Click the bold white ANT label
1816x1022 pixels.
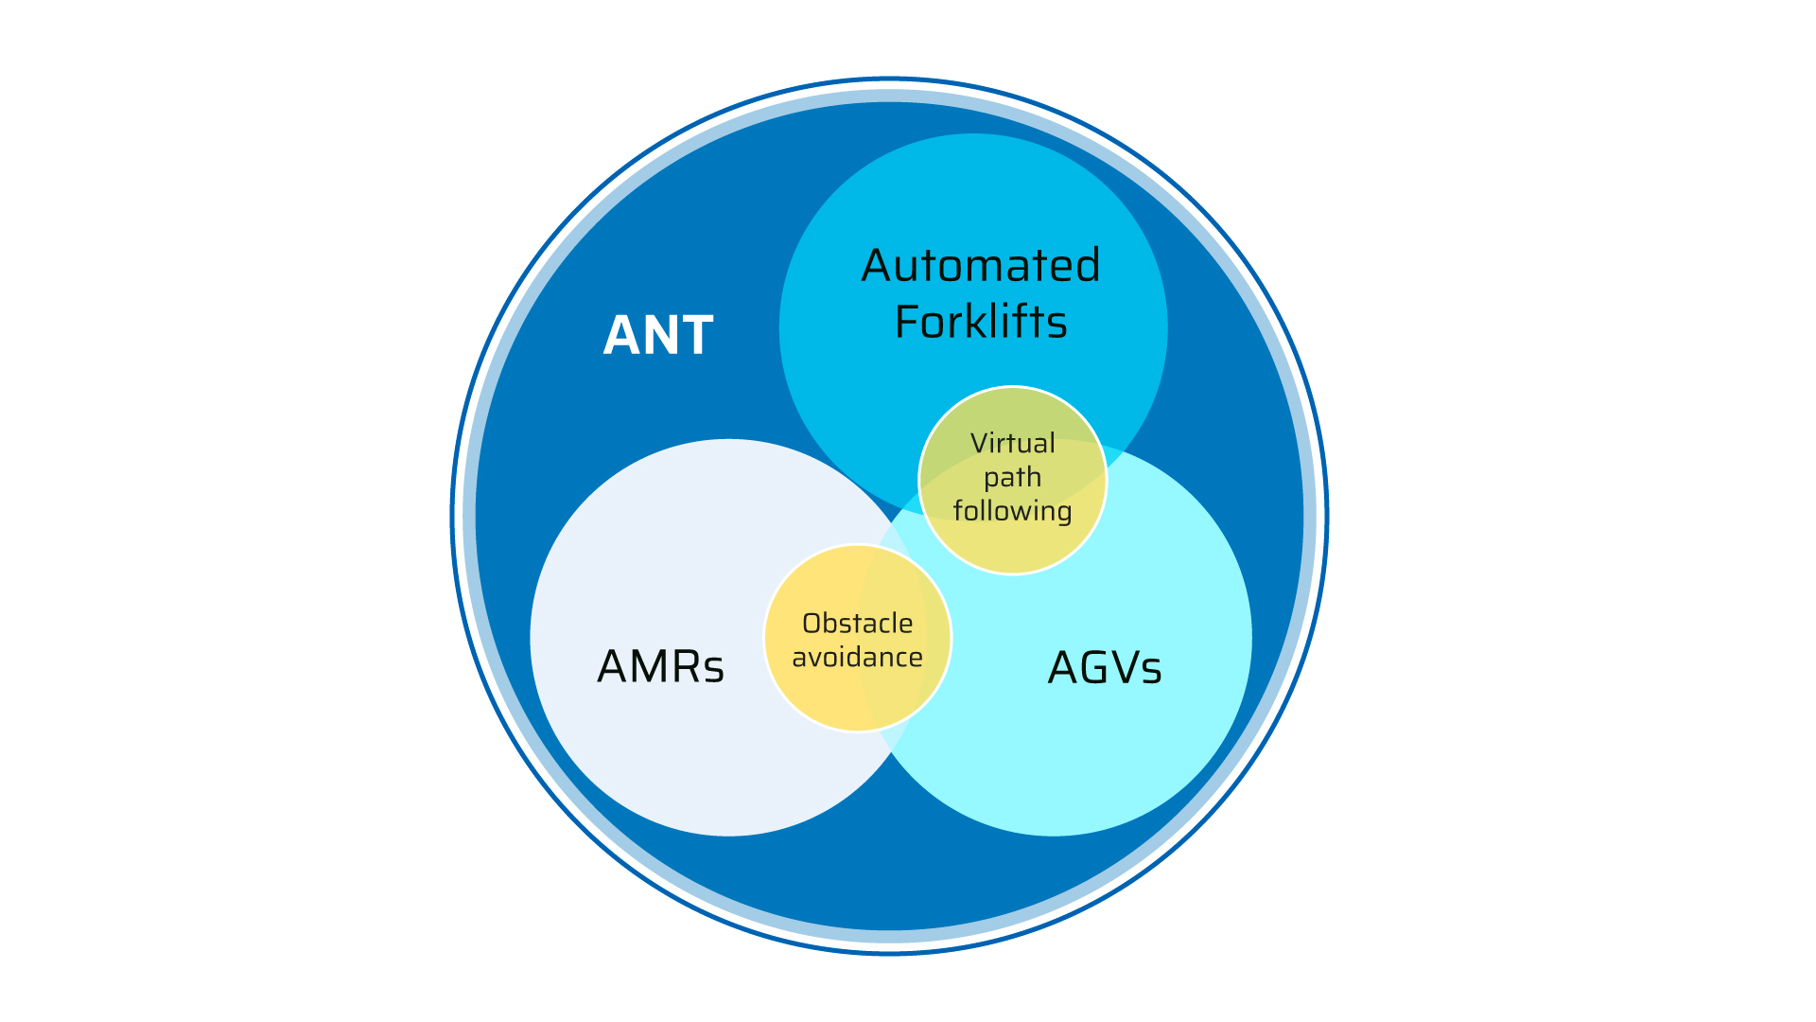click(658, 336)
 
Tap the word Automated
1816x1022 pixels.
click(981, 266)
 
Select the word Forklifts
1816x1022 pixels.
click(981, 323)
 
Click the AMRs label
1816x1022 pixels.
click(660, 667)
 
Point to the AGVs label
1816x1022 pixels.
click(1105, 668)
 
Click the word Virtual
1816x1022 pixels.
click(1012, 443)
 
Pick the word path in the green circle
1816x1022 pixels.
click(1012, 478)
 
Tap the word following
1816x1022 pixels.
click(1012, 511)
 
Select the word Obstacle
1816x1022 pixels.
click(857, 624)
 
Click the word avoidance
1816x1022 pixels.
click(857, 657)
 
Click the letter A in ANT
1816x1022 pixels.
click(621, 336)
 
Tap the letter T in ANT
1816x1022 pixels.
click(695, 336)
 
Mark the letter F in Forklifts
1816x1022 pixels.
click(909, 323)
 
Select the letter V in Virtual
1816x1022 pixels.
click(979, 443)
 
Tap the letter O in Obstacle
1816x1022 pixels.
click(812, 624)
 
